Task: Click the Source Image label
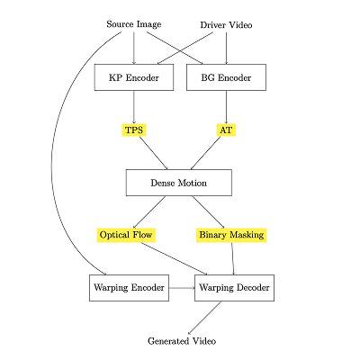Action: point(134,24)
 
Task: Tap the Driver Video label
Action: point(226,25)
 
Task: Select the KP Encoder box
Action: point(134,77)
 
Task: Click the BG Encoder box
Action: point(226,77)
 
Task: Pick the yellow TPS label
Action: point(134,130)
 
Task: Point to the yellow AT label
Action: point(226,130)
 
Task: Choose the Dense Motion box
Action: point(179,183)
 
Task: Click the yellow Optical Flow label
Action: point(126,235)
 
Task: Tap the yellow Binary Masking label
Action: point(231,235)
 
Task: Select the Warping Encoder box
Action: point(129,288)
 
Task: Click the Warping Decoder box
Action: point(234,288)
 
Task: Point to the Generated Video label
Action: point(182,341)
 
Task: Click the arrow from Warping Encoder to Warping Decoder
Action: point(182,288)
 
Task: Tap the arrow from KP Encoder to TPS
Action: point(134,107)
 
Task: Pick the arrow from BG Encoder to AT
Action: point(226,107)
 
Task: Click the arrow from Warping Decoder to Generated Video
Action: point(204,318)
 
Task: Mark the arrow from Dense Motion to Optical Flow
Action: point(149,212)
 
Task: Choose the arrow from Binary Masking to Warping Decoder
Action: point(233,258)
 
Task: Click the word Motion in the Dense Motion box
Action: point(193,183)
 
